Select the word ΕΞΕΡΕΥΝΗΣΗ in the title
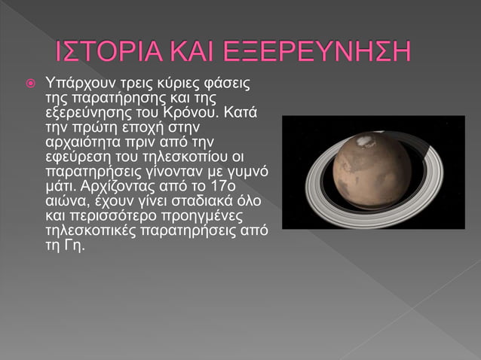click(330, 53)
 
